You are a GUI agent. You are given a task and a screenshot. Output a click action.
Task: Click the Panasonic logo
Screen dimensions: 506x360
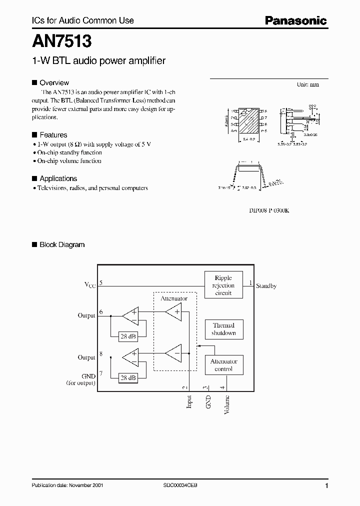pos(295,20)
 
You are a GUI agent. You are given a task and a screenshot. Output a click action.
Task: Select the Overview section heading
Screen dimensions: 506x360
pos(54,83)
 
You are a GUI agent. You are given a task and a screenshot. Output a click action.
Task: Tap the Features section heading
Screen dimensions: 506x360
pos(53,135)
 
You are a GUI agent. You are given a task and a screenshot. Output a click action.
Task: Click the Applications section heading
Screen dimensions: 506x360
pos(58,178)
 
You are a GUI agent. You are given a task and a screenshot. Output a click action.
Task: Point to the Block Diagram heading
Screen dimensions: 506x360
pos(62,244)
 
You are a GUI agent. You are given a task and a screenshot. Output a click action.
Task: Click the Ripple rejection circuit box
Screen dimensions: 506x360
pos(223,285)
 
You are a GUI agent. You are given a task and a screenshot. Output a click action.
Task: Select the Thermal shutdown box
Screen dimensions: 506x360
pos(223,329)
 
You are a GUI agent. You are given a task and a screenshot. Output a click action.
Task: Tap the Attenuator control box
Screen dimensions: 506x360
pos(223,365)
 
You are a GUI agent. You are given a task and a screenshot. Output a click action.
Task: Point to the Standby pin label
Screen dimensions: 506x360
pos(266,286)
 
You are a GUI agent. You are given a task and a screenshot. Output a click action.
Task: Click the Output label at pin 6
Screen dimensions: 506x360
pos(86,315)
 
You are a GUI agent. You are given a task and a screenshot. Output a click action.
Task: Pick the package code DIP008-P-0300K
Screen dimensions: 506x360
pos(269,210)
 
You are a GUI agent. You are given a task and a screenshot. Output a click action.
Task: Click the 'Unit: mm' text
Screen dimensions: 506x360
pos(307,85)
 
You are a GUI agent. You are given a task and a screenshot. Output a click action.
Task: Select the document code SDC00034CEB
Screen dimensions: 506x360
pos(182,485)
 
